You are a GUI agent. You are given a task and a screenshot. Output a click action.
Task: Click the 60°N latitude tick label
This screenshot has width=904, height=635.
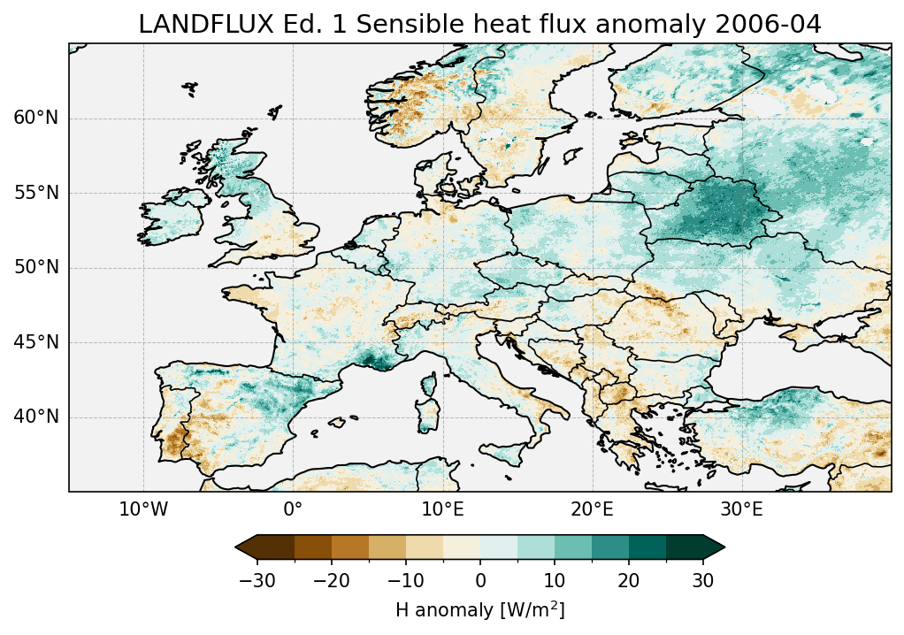click(35, 119)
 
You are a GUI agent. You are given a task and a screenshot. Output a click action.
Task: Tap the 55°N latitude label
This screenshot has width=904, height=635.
click(35, 193)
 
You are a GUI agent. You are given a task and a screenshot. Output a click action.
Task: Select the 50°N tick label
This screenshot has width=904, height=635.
click(35, 267)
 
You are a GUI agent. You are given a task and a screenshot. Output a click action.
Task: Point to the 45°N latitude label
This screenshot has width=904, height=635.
click(35, 342)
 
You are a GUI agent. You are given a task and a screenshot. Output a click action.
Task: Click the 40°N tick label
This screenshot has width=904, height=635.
click(35, 417)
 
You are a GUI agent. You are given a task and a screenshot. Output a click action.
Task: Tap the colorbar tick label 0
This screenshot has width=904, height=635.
click(480, 580)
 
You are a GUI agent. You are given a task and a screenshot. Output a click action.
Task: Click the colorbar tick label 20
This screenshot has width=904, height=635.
click(629, 580)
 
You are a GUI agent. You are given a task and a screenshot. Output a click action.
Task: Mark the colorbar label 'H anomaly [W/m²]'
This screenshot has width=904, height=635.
click(480, 609)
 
